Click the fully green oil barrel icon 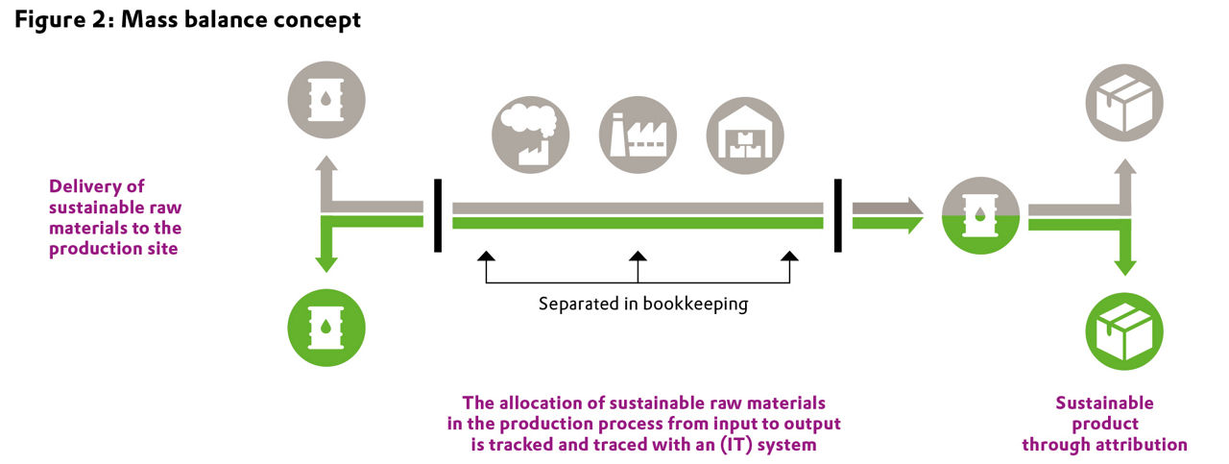click(327, 321)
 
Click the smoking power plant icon click(530, 135)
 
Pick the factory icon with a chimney click(638, 135)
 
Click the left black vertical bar click(438, 215)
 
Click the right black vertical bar click(839, 215)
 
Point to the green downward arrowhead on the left click(327, 264)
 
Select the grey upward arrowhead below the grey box click(1123, 168)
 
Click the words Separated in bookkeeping click(642, 305)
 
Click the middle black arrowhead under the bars click(638, 256)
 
